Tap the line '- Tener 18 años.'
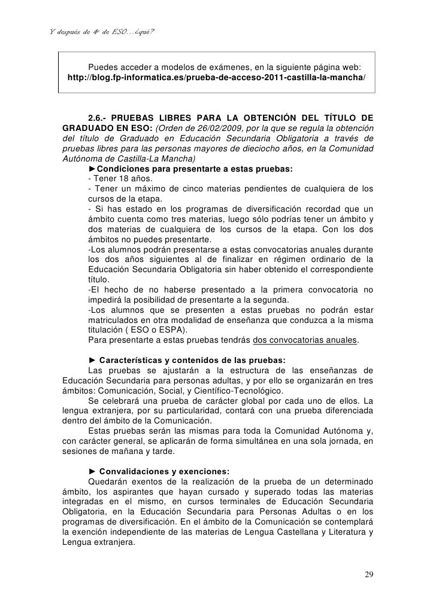coord(120,179)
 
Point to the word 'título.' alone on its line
coord(99,279)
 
